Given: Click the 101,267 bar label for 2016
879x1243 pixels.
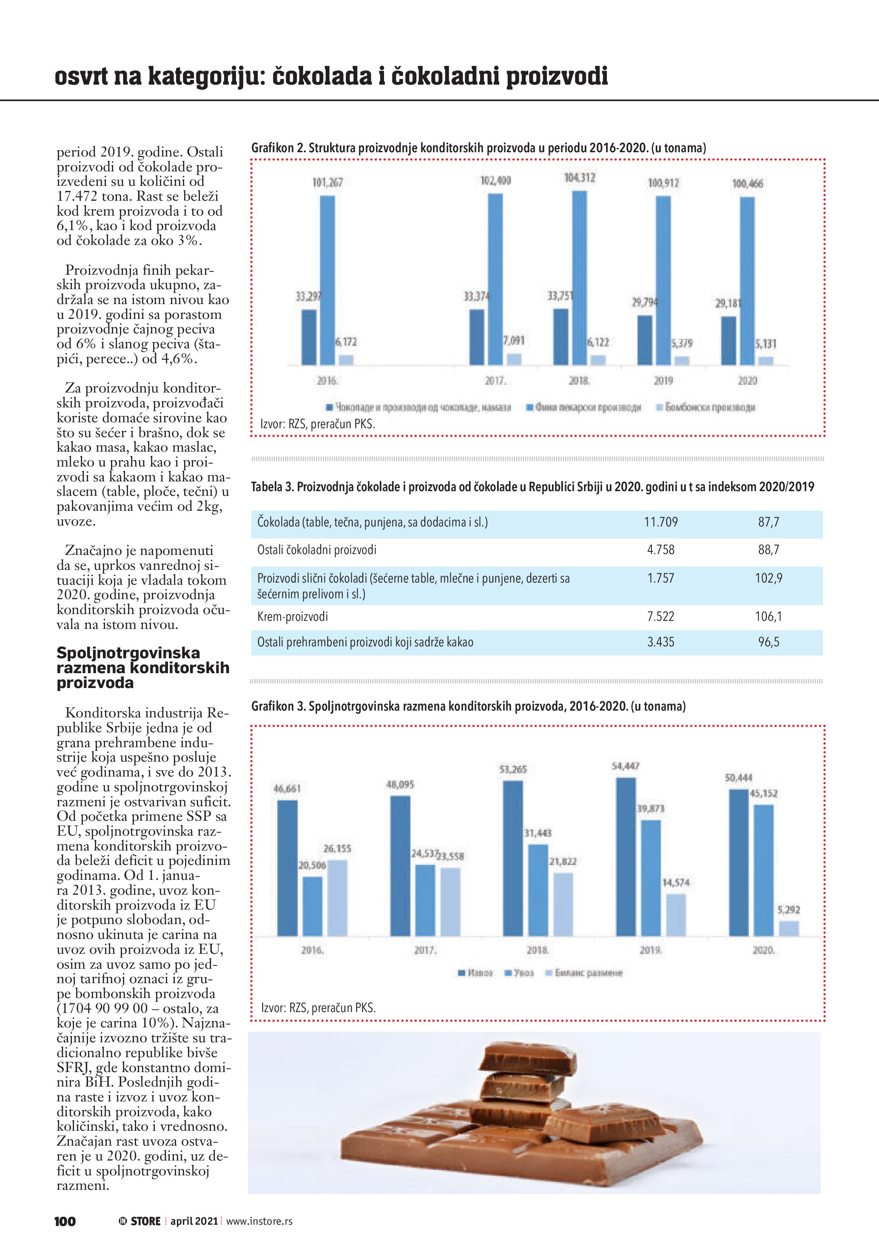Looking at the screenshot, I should pos(327,182).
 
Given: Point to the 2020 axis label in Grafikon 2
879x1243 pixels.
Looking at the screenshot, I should pos(748,381).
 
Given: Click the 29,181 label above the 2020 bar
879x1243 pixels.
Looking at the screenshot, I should pos(728,303).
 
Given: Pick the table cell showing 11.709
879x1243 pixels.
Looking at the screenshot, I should pos(661,523).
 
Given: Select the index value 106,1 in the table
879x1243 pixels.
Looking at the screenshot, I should pos(768,616).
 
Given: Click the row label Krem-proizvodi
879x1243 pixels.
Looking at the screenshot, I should pos(292,617).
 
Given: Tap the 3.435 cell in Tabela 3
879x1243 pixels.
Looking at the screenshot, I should pos(661,642).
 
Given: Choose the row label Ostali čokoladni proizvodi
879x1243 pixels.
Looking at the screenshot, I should pos(317,550).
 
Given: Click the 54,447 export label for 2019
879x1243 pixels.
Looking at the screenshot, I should pos(626,766).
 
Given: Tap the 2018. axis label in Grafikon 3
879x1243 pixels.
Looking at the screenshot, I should pos(538,950).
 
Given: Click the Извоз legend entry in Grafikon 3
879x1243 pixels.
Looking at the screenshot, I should pos(476,973).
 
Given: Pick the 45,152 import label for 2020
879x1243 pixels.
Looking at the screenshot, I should pos(764,794).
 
